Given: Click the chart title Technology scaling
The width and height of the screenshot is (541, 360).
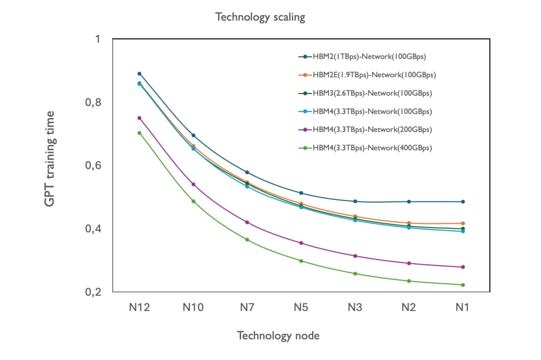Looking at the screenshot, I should click(x=260, y=17).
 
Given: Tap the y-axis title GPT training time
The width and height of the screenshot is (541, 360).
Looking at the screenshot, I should click(x=50, y=159).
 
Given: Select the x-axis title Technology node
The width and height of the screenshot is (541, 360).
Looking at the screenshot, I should click(x=278, y=336).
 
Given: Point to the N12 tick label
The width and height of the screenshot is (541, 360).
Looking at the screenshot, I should click(x=139, y=308).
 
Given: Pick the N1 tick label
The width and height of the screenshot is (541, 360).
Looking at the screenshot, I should click(x=462, y=308).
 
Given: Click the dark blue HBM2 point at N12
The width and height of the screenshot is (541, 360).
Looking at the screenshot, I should click(x=139, y=74).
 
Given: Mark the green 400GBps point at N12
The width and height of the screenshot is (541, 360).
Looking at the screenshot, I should click(x=139, y=133).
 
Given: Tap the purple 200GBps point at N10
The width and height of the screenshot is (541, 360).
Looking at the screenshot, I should click(x=193, y=184).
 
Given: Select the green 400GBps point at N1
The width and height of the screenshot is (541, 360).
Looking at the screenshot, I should click(x=463, y=285).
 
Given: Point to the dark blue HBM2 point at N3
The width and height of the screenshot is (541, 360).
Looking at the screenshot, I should click(x=355, y=201).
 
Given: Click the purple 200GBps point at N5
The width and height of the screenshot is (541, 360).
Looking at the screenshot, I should click(x=301, y=243).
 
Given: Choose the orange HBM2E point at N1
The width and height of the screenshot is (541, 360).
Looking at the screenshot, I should click(x=463, y=223).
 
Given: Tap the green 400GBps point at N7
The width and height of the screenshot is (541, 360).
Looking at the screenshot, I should click(x=247, y=239).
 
